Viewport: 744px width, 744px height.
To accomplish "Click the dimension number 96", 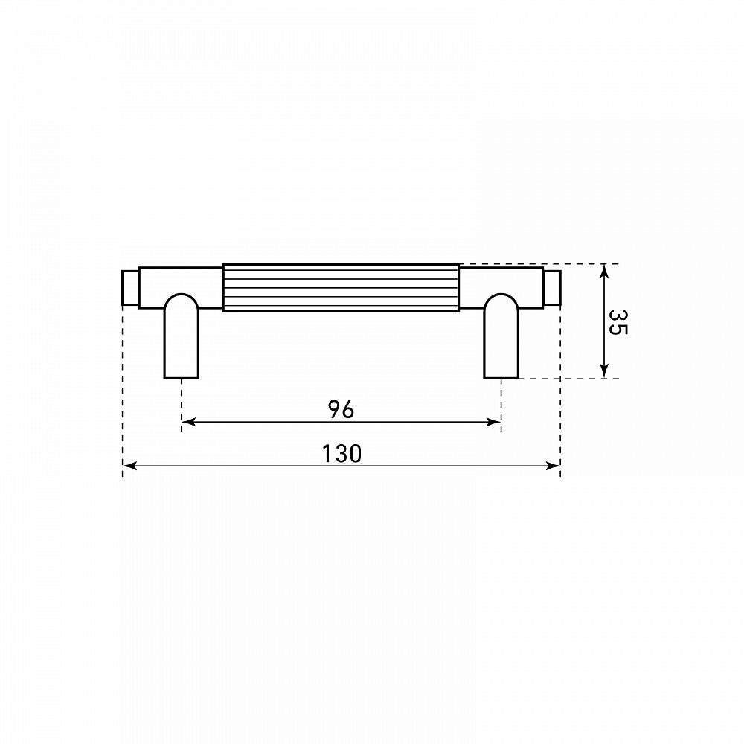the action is coord(341,409).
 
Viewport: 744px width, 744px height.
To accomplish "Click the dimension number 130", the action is coord(341,453).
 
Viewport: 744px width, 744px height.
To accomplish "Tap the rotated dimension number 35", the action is coord(618,322).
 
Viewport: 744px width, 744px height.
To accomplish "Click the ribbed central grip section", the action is coord(341,287).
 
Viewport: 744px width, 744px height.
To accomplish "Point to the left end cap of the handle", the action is coord(130,287).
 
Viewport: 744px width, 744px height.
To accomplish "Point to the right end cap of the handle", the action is coord(552,287).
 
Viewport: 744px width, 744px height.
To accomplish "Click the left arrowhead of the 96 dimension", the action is coord(188,422).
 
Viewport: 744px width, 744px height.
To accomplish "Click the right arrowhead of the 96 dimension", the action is coord(494,422).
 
